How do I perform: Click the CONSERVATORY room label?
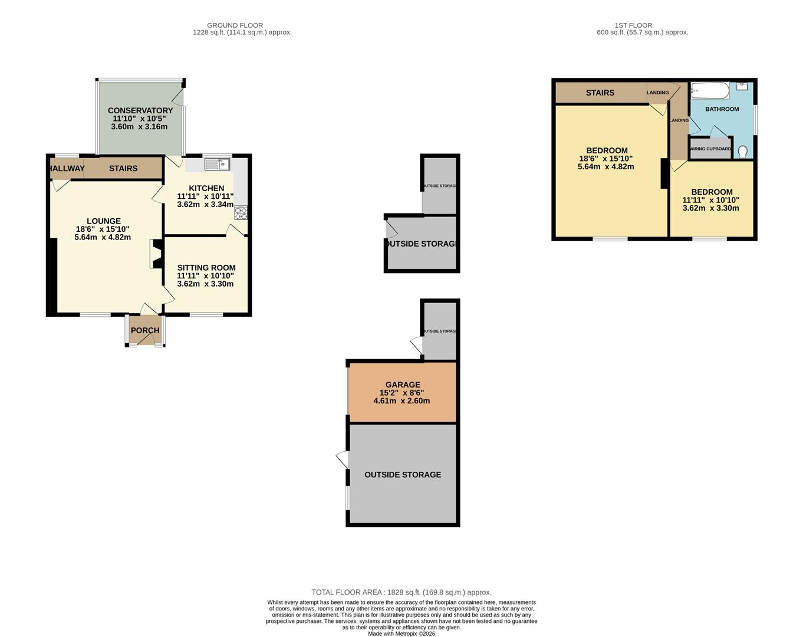point(140,110)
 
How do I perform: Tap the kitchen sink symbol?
point(217,165)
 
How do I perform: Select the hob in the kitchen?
point(241,213)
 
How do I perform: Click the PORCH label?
point(145,330)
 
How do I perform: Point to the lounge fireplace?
point(156,254)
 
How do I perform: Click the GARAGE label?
point(403,385)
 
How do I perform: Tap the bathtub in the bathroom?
point(710,91)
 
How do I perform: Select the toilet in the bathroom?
point(743,151)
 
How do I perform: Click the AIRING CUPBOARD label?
point(711,149)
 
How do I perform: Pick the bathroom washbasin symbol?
point(742,86)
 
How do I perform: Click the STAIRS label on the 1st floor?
point(600,93)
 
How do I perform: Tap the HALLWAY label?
point(67,169)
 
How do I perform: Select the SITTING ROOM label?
point(206,268)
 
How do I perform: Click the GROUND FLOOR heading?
point(235,25)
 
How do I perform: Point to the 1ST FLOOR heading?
point(634,25)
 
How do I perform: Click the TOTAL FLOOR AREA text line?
point(401,593)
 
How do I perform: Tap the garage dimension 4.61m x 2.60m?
point(401,401)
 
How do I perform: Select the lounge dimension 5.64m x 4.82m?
point(103,237)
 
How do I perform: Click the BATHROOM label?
point(722,109)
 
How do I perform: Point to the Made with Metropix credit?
point(401,633)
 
